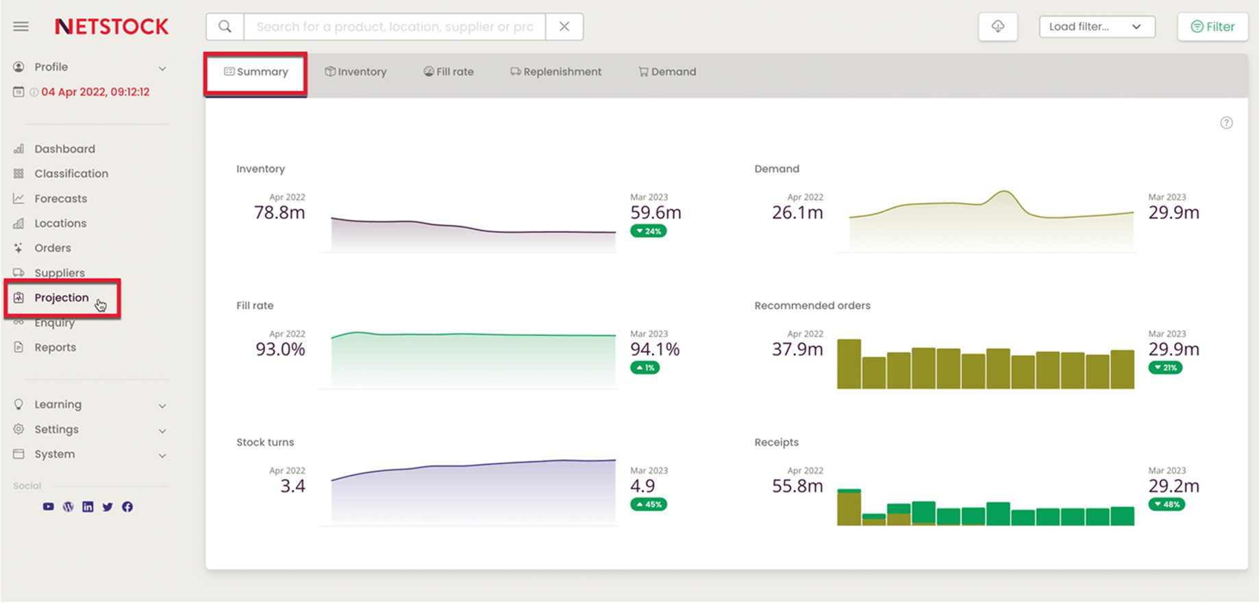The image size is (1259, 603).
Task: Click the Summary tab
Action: point(256,72)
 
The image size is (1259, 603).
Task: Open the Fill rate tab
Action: point(449,72)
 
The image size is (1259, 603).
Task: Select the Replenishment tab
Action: point(556,72)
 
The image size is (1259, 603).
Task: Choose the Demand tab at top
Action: point(667,72)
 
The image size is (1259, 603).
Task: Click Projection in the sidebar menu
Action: point(61,297)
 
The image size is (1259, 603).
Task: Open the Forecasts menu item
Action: point(60,199)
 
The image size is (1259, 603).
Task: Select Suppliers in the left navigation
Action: point(59,273)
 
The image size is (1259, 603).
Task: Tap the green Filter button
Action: point(1212,27)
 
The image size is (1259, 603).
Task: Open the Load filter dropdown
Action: point(1096,27)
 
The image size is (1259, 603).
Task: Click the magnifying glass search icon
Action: point(225,27)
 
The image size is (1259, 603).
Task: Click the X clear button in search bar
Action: point(564,27)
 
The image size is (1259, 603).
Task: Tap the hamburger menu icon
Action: point(21,27)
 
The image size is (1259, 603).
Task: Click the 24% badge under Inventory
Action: point(648,231)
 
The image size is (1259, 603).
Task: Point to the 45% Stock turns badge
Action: point(648,504)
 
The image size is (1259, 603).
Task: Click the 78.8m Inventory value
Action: point(279,213)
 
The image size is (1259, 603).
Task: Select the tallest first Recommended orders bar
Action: point(849,364)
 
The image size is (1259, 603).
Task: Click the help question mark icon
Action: point(1226,123)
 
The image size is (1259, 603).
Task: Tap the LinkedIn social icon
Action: point(88,507)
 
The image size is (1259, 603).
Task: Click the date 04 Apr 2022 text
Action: point(95,92)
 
